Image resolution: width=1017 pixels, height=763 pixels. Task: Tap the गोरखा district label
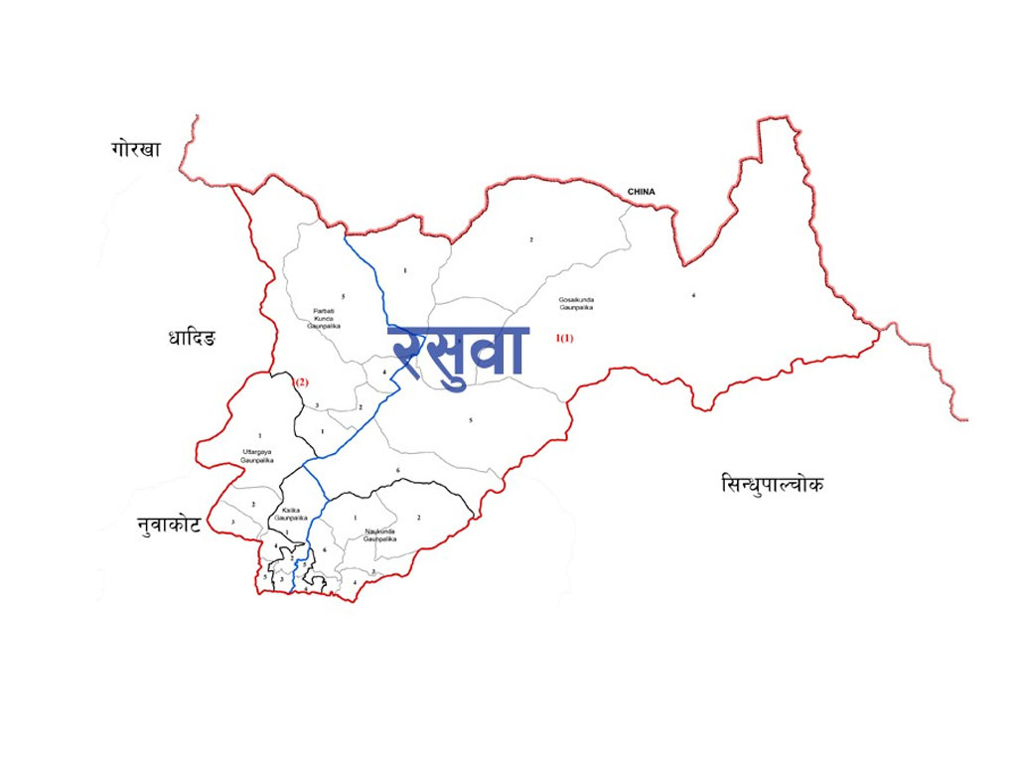(136, 149)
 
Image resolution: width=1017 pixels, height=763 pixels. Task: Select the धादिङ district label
(193, 338)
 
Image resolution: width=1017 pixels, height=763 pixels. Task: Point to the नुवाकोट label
(169, 525)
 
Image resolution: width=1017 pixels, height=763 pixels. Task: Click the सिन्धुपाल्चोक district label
(772, 484)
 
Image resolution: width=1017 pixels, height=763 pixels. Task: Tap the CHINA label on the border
(641, 192)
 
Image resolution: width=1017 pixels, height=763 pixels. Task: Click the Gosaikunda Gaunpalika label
(576, 303)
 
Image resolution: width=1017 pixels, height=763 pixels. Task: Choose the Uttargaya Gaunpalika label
(257, 456)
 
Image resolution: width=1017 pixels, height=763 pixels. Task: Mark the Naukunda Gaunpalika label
(379, 534)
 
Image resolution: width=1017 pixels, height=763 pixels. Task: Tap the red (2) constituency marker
(303, 382)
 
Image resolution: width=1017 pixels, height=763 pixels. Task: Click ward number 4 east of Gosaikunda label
(693, 295)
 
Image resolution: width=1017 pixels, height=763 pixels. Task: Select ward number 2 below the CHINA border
(531, 239)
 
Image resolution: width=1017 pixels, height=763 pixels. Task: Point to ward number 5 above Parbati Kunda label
(343, 296)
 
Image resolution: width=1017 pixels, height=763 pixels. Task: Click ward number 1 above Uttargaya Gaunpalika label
(259, 435)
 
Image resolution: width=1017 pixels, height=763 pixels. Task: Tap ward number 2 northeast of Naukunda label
(419, 518)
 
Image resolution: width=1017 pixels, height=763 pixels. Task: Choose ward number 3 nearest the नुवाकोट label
(232, 522)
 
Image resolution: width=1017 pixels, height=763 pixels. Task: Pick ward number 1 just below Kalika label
(287, 533)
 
